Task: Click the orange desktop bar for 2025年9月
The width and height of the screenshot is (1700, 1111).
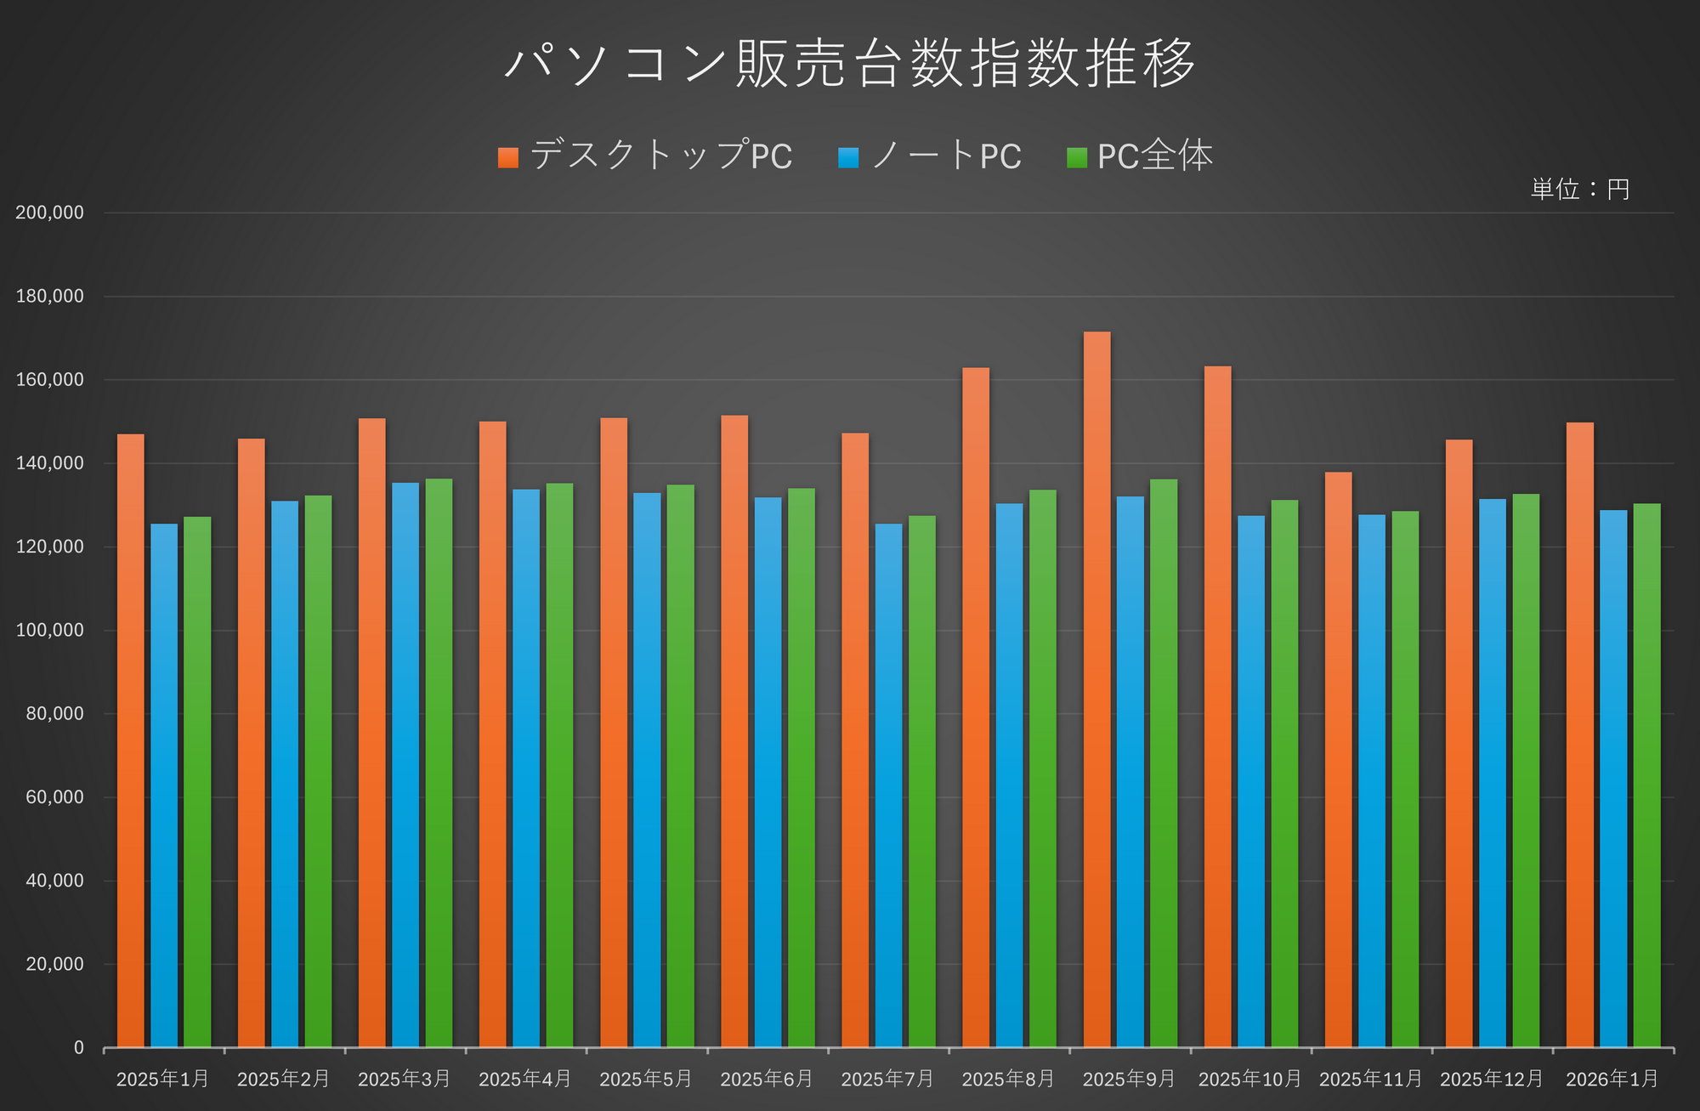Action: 1096,689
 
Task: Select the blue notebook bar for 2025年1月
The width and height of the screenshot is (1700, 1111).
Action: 164,785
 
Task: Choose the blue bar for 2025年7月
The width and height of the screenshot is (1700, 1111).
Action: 889,785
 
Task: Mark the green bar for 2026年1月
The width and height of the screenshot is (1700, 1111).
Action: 1646,775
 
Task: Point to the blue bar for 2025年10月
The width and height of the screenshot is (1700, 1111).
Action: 1251,781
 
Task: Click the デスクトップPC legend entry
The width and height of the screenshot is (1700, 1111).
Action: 646,156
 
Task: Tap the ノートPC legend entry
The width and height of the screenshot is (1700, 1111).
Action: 931,156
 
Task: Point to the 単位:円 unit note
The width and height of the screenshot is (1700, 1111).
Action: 1580,189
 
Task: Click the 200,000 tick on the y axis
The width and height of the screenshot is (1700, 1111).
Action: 50,213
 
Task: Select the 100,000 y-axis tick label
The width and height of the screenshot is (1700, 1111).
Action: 50,630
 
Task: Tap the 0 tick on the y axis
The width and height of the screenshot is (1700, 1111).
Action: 79,1048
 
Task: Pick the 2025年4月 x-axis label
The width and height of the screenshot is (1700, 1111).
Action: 525,1079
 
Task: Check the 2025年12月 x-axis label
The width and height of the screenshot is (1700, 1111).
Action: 1492,1079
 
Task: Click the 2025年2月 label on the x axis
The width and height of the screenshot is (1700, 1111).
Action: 284,1079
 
